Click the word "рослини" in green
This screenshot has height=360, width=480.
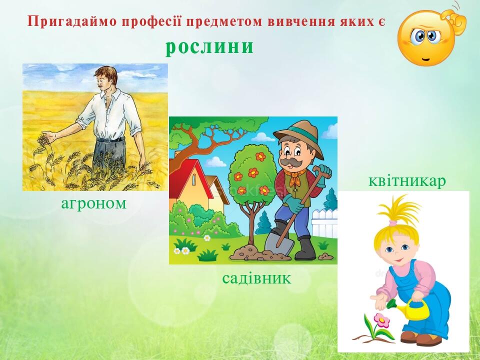pyautogui.click(x=209, y=46)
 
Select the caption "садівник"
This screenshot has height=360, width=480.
pyautogui.click(x=256, y=278)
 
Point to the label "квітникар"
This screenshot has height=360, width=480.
pyautogui.click(x=406, y=181)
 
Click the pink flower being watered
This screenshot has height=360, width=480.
pyautogui.click(x=381, y=320)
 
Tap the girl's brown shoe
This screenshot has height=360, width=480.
pyautogui.click(x=428, y=340)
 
